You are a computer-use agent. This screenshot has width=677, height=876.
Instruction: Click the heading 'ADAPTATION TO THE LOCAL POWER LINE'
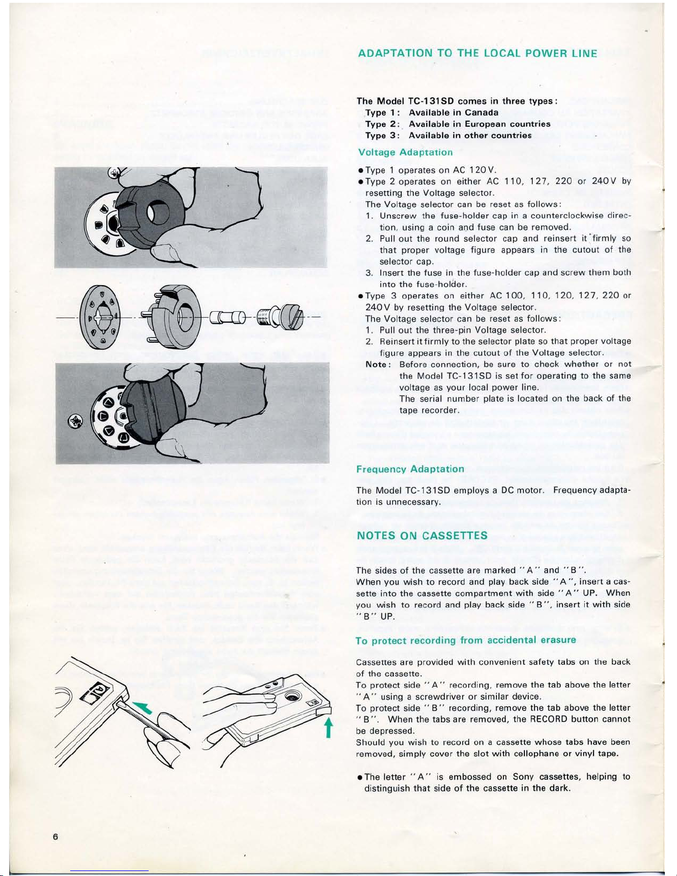tap(477, 54)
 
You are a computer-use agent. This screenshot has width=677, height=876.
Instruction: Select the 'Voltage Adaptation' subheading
tap(405, 152)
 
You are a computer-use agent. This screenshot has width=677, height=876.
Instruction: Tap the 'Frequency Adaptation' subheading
tap(411, 469)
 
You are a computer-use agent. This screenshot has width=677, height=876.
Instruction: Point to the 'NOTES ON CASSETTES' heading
tap(422, 536)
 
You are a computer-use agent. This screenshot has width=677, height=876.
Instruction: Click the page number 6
tap(56, 836)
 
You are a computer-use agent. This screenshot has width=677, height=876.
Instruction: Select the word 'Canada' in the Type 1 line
tap(481, 112)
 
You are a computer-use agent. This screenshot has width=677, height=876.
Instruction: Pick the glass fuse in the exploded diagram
tap(225, 319)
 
